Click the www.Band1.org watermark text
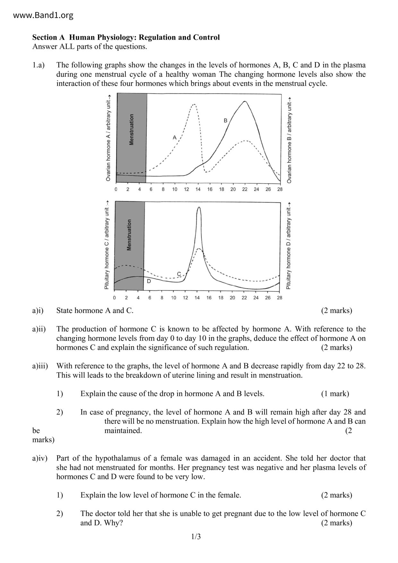tap(43, 15)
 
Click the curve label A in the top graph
tap(175, 137)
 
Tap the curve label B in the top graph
tap(225, 121)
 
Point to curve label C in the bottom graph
tap(179, 273)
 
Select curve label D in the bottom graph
tap(149, 281)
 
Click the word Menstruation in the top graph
tap(131, 129)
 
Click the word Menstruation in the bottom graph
tap(129, 235)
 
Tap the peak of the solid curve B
tap(245, 101)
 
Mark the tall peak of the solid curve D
tap(199, 207)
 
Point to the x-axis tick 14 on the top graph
tap(198, 189)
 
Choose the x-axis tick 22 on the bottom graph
tap(244, 298)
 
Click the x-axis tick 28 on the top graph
tap(280, 189)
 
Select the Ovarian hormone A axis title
tap(108, 138)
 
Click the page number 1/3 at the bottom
tap(196, 537)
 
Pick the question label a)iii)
tap(40, 366)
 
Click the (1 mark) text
tap(335, 394)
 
